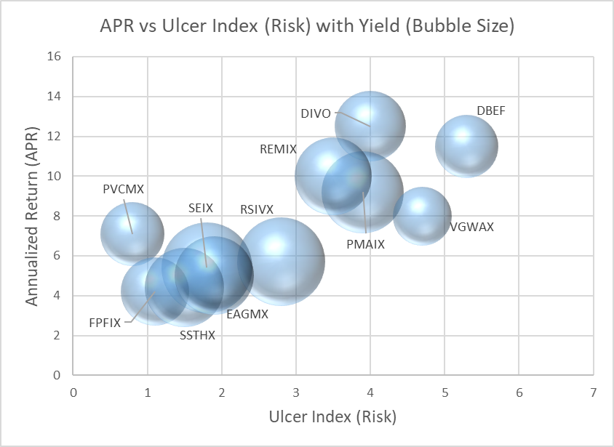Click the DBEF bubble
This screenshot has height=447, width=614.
[x=466, y=146]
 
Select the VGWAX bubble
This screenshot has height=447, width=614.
[x=423, y=216]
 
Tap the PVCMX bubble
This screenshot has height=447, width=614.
[x=132, y=233]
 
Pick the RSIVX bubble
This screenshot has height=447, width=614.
[x=281, y=261]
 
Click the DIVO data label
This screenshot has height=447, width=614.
[x=316, y=114]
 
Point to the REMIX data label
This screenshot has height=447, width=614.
[x=278, y=149]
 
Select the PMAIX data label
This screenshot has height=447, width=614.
[x=365, y=244]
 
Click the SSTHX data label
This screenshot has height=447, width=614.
[x=197, y=336]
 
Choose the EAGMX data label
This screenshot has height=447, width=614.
[x=247, y=315]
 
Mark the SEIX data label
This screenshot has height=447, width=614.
[x=200, y=208]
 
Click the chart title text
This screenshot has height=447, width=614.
[x=307, y=27]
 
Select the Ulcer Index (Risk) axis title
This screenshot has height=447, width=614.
[x=333, y=417]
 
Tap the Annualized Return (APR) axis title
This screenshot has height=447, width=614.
[x=32, y=216]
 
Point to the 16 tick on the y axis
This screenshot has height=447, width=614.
[x=56, y=57]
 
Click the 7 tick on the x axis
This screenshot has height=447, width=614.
[x=594, y=392]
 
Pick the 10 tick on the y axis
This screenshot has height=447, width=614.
[x=56, y=176]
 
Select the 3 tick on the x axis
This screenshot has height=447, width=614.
[x=296, y=392]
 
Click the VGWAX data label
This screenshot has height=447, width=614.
[x=471, y=227]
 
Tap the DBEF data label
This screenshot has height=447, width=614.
[x=491, y=111]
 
